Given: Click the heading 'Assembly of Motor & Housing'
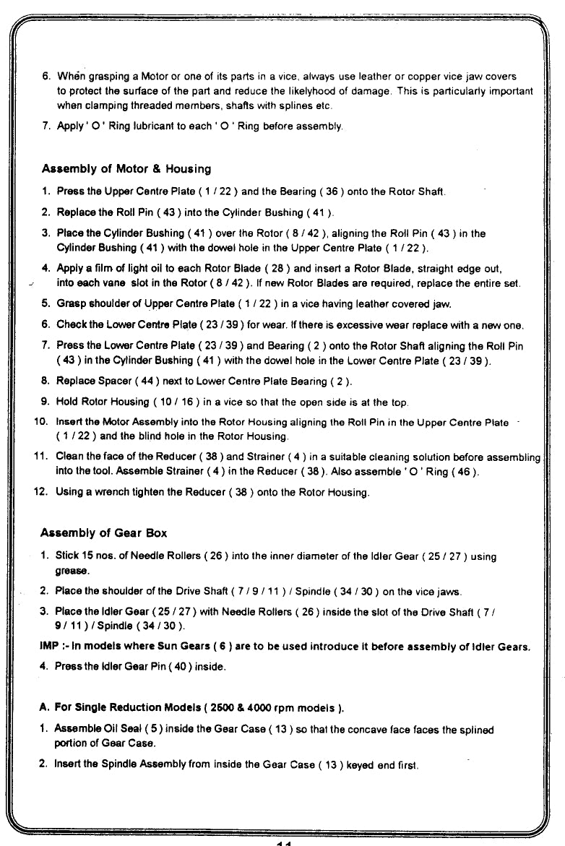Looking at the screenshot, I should tap(126, 169).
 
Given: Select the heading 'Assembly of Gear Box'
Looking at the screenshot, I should tap(103, 533).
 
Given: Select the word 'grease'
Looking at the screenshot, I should tap(70, 571).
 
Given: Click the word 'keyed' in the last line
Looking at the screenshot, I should tap(361, 764).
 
